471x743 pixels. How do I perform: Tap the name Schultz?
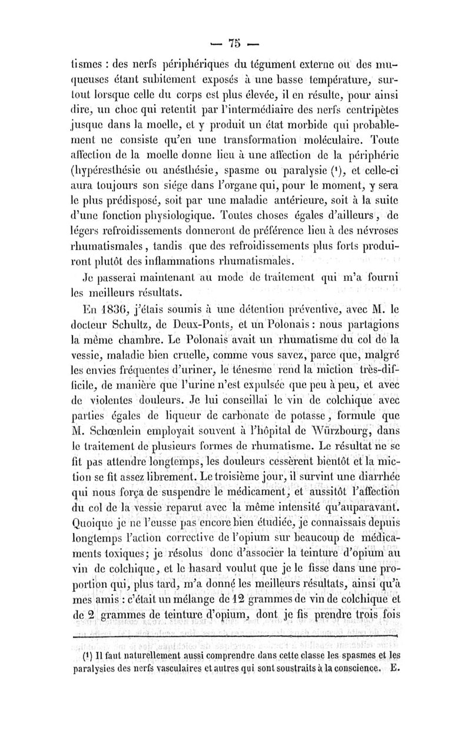tap(130, 321)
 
